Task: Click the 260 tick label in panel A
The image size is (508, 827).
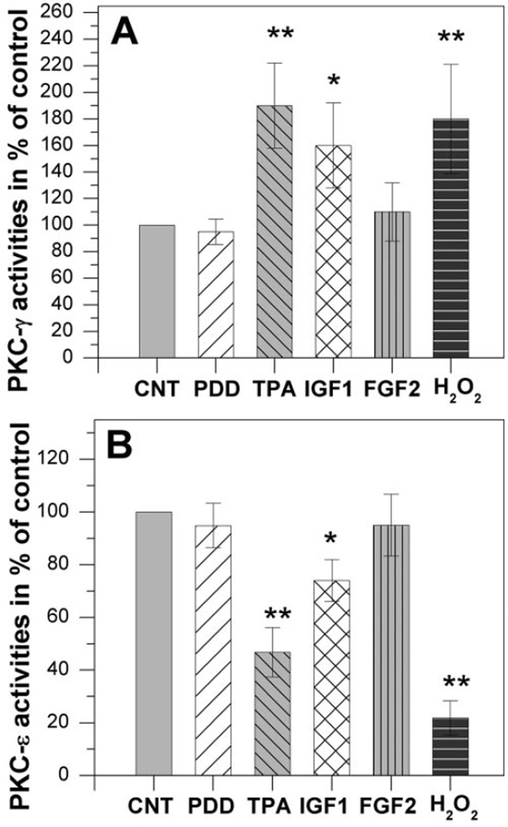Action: tap(67, 13)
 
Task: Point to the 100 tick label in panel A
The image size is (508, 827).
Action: tap(67, 225)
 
